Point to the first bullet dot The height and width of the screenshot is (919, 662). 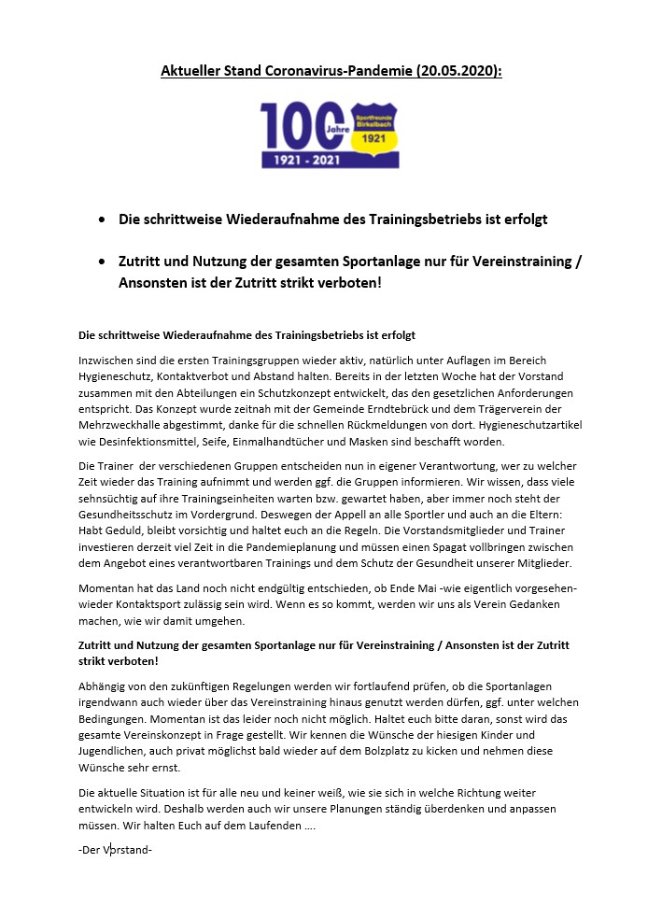[x=101, y=220]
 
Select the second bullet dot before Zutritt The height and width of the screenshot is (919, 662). [x=101, y=263]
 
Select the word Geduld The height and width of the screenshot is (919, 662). [x=126, y=532]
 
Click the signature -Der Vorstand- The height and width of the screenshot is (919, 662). [x=116, y=851]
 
